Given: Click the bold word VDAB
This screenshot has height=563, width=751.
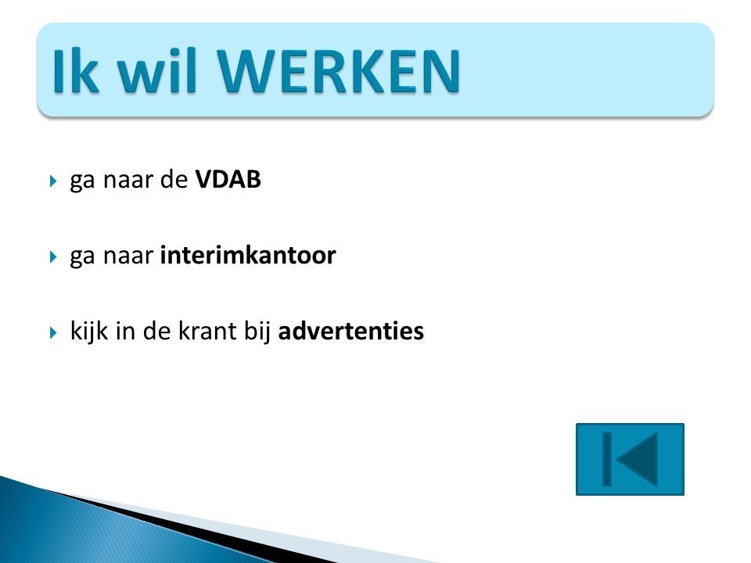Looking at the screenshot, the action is click(228, 180).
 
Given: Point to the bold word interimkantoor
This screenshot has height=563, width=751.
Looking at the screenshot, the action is click(248, 255).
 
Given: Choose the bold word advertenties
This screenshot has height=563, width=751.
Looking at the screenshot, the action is click(351, 330).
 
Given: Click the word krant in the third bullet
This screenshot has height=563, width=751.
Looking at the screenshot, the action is click(207, 330).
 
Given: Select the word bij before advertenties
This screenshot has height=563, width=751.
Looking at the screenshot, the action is click(257, 332).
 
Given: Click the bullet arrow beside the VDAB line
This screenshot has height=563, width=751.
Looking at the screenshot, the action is click(53, 181).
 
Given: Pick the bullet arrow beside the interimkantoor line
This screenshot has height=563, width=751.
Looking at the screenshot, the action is click(53, 256).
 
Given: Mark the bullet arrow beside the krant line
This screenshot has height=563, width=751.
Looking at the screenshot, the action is click(53, 332).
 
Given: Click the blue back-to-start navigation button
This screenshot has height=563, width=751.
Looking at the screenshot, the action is click(630, 459).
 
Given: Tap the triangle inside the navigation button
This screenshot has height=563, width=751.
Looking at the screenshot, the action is click(637, 459).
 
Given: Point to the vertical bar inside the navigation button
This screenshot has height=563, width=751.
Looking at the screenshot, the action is click(607, 459).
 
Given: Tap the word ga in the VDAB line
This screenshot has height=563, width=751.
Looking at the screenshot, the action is click(82, 182).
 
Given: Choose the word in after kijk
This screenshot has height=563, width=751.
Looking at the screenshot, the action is click(125, 330).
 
